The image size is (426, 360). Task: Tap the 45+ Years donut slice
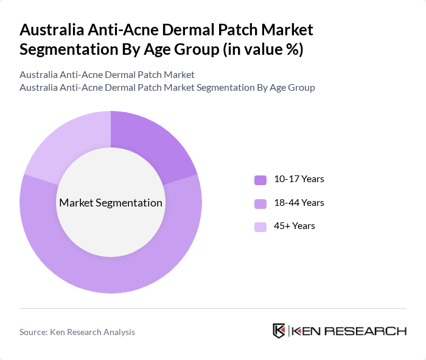click(64, 146)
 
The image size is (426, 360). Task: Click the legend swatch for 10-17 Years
click(260, 180)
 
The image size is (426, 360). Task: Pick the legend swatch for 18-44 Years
click(260, 203)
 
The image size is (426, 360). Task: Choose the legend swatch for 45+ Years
click(260, 227)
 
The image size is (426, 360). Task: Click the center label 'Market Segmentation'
click(111, 203)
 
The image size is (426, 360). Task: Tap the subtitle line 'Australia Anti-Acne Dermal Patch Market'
click(107, 75)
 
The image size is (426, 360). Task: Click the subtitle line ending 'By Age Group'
click(167, 88)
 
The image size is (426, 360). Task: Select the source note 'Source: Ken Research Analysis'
click(77, 332)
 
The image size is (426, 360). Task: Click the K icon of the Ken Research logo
click(279, 331)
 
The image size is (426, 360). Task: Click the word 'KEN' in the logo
click(306, 331)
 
